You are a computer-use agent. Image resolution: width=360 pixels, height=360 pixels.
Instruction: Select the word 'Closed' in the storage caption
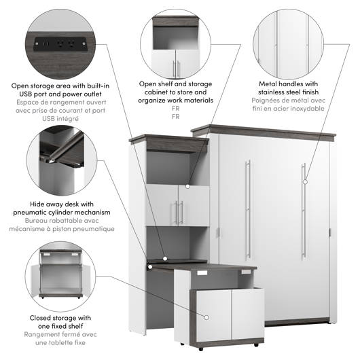(41, 318)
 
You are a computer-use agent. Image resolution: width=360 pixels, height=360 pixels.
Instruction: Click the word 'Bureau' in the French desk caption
(36, 221)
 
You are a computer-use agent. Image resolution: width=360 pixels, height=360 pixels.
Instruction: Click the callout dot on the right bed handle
(305, 182)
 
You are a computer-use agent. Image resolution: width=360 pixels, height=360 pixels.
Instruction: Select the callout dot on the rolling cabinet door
(206, 317)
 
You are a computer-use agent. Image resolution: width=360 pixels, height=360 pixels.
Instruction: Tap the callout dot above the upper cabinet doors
(187, 187)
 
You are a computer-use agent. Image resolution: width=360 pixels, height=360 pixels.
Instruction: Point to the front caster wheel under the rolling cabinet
(201, 349)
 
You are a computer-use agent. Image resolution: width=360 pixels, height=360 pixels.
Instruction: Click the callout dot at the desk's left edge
(150, 267)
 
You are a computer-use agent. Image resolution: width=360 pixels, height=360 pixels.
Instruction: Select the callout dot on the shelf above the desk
(165, 259)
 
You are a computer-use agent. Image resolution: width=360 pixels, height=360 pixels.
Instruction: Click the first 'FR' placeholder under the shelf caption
(175, 109)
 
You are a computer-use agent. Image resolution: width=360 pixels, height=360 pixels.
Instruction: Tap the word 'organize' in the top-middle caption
(151, 101)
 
